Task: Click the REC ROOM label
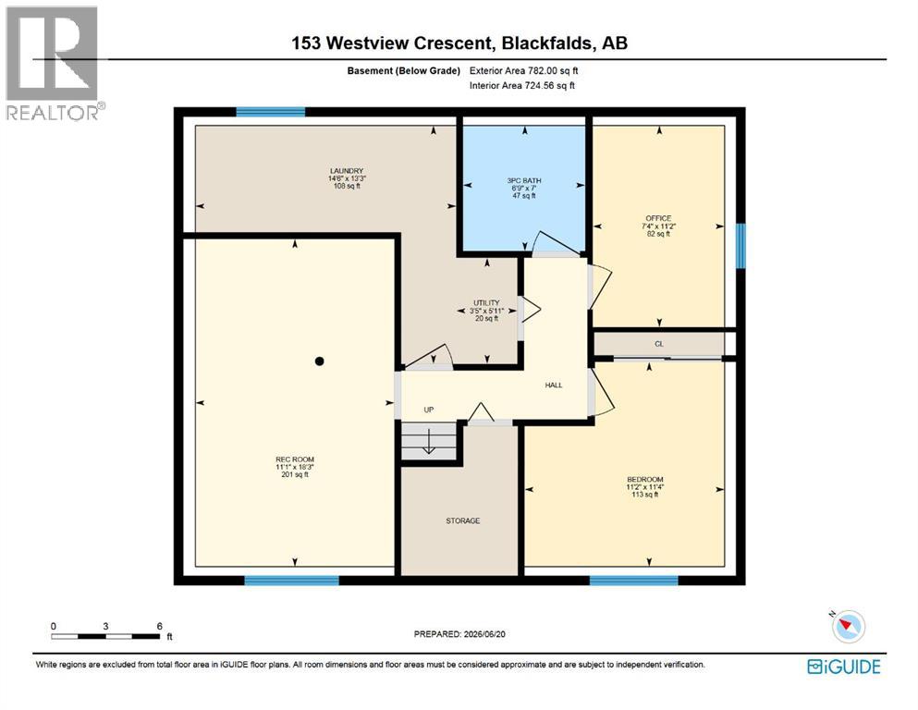295,459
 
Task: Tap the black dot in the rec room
319,361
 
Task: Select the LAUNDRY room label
347,171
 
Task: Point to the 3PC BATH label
524,181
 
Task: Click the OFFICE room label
658,218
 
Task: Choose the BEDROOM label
645,480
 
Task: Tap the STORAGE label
463,520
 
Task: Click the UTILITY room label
486,303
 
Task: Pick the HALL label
554,386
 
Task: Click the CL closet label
659,344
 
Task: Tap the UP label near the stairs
429,410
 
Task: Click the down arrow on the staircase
429,441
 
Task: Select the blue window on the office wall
741,246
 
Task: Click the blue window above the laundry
271,112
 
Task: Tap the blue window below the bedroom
633,581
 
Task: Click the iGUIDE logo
844,667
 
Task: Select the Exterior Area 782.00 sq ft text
523,71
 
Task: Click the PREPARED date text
459,634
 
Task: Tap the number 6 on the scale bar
159,626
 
